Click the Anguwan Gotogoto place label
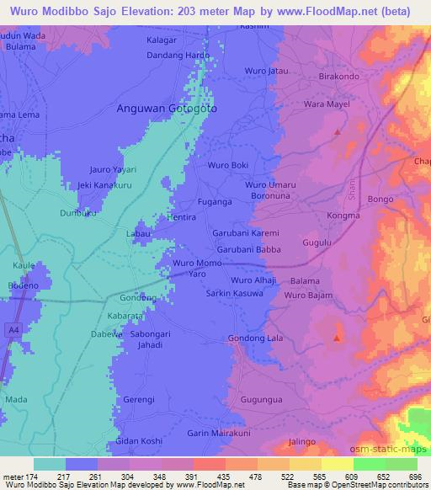pyautogui.click(x=166, y=109)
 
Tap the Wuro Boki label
pyautogui.click(x=227, y=165)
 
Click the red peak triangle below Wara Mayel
pyautogui.click(x=338, y=132)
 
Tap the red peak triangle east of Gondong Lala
pyautogui.click(x=337, y=338)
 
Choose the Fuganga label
pyautogui.click(x=215, y=202)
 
